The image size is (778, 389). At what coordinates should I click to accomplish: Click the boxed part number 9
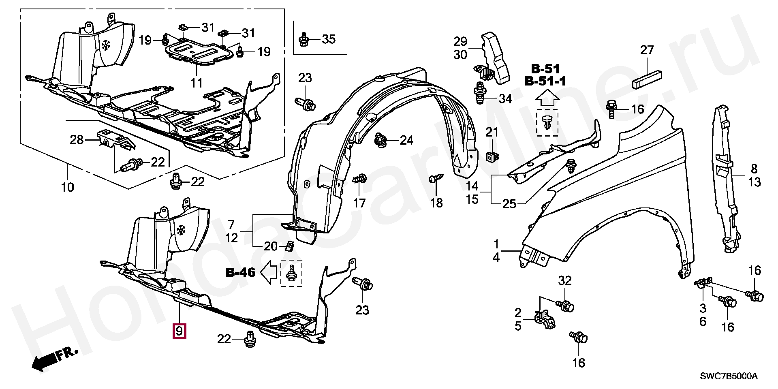(179, 331)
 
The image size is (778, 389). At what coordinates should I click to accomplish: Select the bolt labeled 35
(304, 40)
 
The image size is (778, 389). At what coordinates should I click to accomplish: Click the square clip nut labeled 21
(492, 156)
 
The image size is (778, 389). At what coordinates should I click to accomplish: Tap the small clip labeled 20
(289, 246)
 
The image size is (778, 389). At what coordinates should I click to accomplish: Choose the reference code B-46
(241, 272)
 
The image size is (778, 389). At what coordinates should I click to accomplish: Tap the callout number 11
(197, 83)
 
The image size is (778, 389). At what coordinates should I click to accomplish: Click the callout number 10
(68, 188)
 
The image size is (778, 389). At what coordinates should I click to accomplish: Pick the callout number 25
(509, 204)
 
